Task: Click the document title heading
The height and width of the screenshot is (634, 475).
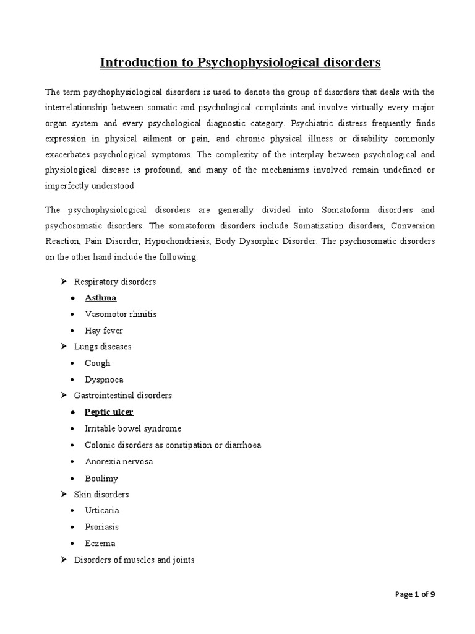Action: pos(241,63)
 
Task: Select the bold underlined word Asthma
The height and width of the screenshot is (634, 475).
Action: pos(101,298)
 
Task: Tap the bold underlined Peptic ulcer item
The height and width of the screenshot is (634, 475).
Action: pos(109,412)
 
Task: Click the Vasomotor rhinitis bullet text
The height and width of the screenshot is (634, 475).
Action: pos(121,314)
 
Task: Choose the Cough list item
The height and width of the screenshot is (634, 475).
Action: pos(98,363)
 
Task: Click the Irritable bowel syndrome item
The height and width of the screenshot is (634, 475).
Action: pos(133,428)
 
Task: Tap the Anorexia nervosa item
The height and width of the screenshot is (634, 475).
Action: pos(119,461)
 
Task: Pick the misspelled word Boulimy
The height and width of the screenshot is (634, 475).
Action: pos(101,478)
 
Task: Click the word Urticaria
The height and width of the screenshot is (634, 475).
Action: pos(102,511)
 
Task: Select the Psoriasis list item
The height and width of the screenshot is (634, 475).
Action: pos(102,527)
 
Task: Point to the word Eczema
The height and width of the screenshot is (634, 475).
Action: pos(100,544)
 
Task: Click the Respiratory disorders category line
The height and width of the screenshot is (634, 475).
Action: pos(114,282)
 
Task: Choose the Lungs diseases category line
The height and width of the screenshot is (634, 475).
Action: pos(103,347)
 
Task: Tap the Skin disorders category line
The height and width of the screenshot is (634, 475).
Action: pos(101,495)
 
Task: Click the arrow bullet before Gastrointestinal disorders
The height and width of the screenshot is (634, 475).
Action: pos(62,395)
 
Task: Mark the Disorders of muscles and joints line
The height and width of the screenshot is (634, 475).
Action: pos(134,560)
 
